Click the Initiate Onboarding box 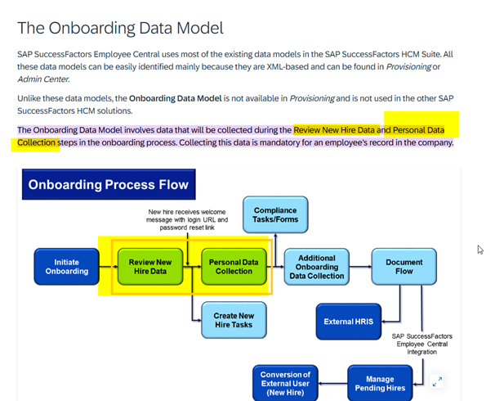pos(66,267)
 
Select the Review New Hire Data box pos(150,267)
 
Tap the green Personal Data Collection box pos(234,267)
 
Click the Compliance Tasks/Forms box pos(275,214)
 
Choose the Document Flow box pos(404,267)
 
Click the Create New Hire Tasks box pos(234,320)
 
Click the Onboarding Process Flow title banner pos(109,184)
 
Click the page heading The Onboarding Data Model pos(119,28)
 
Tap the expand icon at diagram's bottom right pos(437,381)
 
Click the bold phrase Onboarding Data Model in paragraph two pos(175,98)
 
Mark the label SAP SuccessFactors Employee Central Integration pos(421,344)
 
